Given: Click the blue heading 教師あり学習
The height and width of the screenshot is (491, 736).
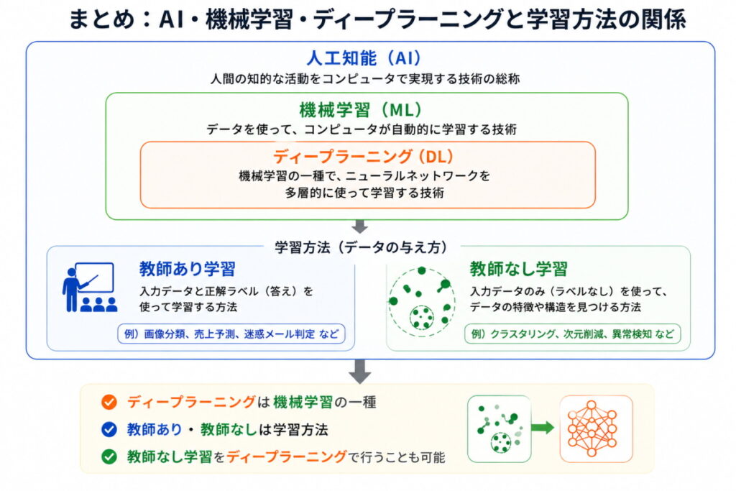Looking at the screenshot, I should (188, 269).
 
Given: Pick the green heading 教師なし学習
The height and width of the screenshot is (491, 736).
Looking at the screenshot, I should (518, 269).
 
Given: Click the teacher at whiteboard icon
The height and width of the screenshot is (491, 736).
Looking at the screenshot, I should (89, 287).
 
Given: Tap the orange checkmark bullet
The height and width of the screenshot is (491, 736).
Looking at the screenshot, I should (109, 403).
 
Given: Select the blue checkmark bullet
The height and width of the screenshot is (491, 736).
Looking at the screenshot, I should (109, 429).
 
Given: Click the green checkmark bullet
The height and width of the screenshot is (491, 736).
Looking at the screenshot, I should (109, 456).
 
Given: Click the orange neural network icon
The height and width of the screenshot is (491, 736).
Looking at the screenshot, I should (596, 428).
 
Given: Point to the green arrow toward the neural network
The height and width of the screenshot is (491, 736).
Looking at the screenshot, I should (543, 428).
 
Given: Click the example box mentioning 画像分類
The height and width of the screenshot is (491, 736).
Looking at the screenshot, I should (231, 334).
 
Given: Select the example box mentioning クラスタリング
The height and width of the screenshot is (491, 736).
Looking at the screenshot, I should (572, 334).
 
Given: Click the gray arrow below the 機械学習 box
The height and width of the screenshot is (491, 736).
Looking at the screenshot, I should (361, 226).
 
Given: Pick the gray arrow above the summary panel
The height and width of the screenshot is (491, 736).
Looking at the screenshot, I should (361, 370).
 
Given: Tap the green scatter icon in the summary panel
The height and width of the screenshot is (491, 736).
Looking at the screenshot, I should (498, 428).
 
